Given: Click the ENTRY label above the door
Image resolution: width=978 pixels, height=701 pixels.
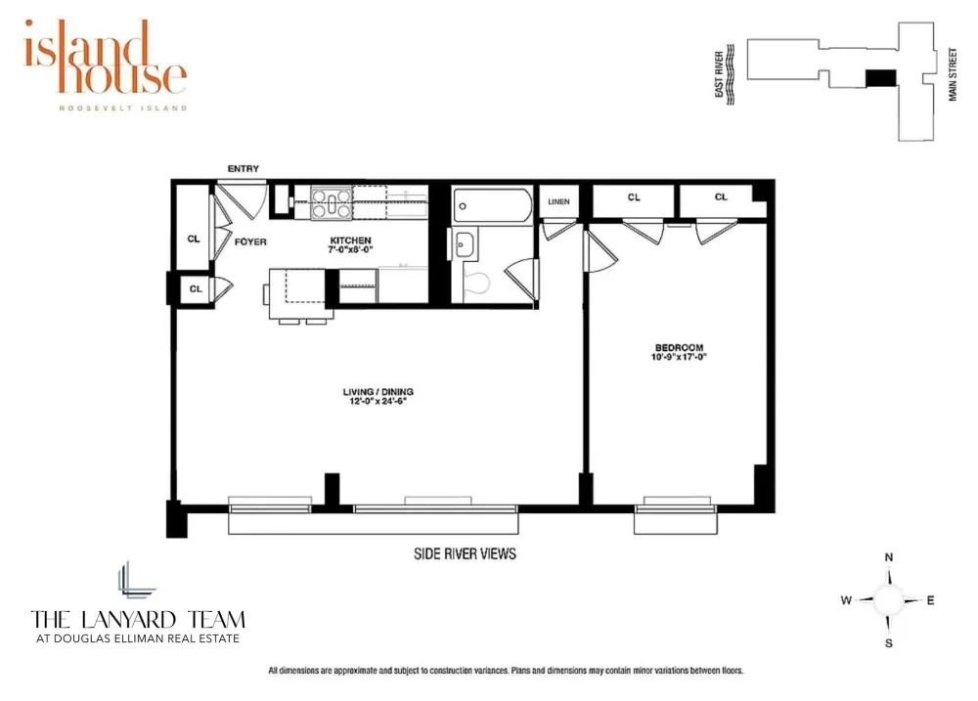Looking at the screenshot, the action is (244, 168).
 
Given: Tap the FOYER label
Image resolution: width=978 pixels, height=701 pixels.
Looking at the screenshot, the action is (250, 242).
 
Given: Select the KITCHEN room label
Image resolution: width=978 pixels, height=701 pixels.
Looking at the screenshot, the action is (350, 241).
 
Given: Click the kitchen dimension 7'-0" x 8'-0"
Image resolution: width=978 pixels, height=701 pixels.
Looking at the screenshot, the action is (350, 249).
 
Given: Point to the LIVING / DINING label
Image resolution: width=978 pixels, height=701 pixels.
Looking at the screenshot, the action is (378, 392).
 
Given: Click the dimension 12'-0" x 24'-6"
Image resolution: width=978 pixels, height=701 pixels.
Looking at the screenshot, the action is (378, 401).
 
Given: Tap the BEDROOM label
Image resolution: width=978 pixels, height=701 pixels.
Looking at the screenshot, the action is (680, 347).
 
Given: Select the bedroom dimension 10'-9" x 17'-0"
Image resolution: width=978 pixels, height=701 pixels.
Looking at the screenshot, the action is (680, 357).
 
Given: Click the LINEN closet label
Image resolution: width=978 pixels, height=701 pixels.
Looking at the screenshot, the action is (558, 201).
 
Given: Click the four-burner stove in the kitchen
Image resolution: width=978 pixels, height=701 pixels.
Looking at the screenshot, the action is (332, 203).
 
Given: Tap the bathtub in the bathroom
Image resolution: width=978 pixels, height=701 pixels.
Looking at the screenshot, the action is (493, 205).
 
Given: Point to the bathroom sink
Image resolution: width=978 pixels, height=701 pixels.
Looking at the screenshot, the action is (463, 245).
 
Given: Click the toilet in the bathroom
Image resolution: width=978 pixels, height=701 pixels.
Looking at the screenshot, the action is (477, 283).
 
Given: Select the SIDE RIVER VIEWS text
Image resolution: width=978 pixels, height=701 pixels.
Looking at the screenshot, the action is (466, 553).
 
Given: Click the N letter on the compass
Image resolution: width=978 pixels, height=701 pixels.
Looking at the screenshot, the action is (889, 557).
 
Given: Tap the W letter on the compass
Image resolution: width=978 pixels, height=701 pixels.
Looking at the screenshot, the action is (846, 600).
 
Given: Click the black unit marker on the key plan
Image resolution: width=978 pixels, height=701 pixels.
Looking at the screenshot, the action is (881, 78).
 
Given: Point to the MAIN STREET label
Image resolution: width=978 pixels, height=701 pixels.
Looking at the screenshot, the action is (953, 74).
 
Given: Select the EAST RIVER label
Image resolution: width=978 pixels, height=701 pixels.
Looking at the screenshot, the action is (719, 74).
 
